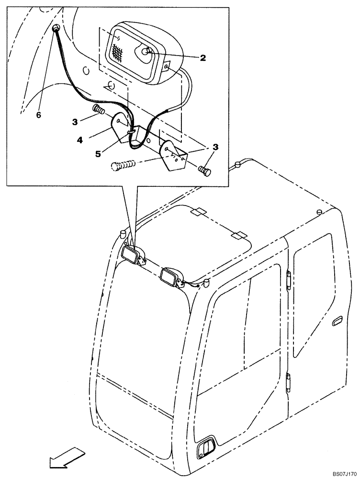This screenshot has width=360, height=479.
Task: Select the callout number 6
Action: pos(38,115)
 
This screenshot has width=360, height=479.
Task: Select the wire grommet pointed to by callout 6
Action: pos(56,29)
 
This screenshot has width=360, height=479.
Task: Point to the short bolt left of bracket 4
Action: pos(99,110)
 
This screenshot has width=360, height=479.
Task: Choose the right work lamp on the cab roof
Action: pos(170,277)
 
